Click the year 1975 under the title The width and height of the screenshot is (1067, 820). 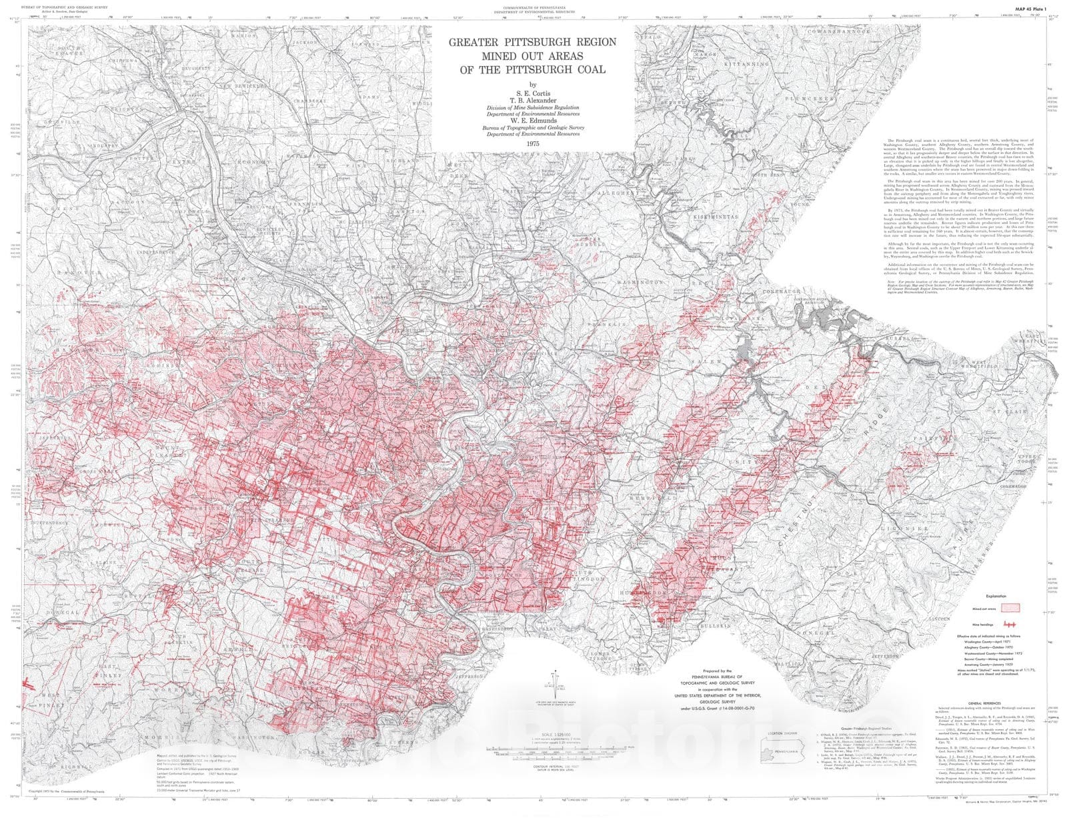tap(531, 143)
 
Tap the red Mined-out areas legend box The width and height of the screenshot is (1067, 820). tap(1012, 607)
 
